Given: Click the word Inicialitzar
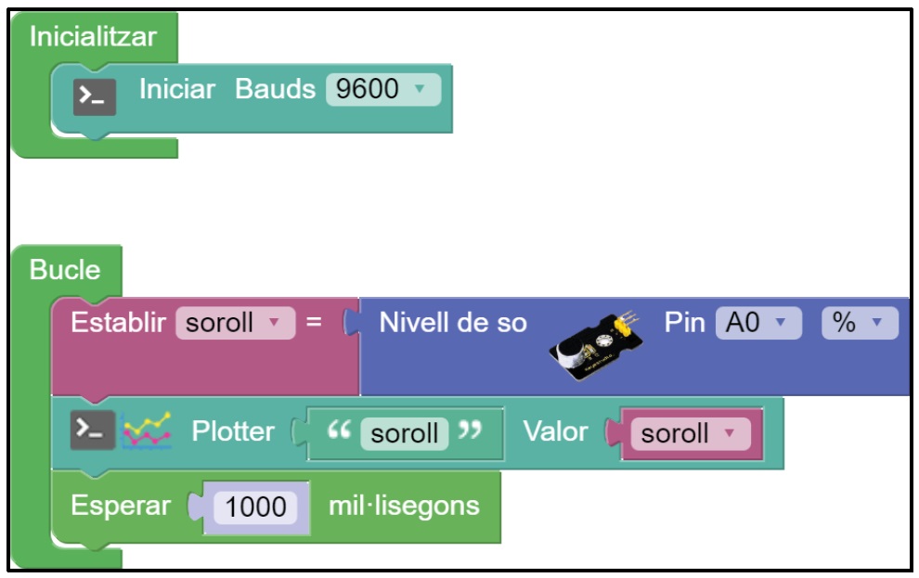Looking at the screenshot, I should point(93,37).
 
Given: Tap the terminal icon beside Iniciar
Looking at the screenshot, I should point(95,95).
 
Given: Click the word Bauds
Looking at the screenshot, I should point(275,90).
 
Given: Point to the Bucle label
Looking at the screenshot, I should point(65,270).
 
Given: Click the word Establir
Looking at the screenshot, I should point(118,324).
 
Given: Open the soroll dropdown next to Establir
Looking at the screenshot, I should point(234,324).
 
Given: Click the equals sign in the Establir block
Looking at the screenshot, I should point(314,324).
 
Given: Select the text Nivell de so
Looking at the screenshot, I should point(453,324).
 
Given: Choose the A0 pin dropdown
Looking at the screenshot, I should point(757,324).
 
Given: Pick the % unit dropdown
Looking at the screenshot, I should point(860,324).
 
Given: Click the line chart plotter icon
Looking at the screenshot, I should point(147,431).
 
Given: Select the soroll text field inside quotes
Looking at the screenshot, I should point(405,433).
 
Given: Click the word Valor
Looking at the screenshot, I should point(555,432).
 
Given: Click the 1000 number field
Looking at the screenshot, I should point(256,507).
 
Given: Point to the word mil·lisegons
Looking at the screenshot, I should point(404,507).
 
